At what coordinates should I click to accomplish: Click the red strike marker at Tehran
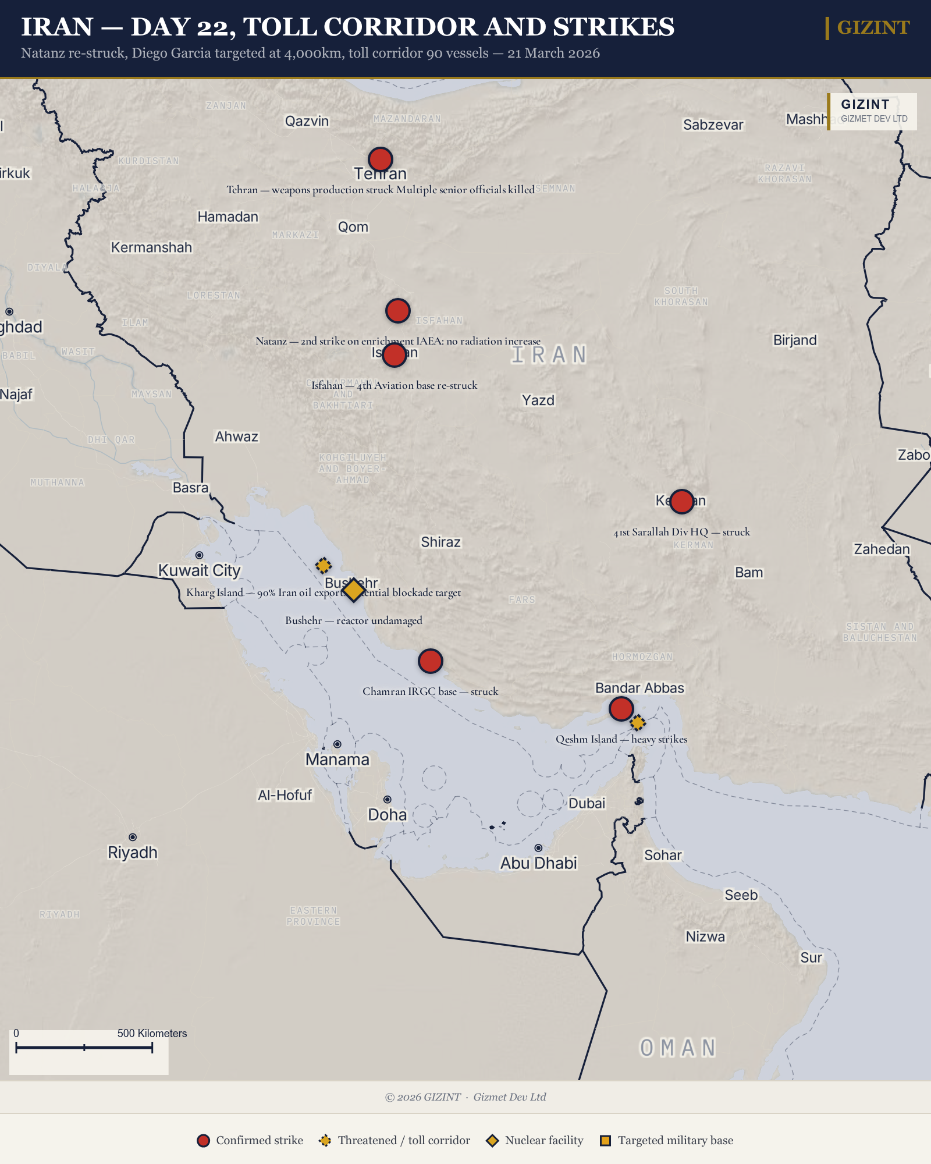pos(381,159)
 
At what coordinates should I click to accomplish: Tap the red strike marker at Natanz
pos(397,311)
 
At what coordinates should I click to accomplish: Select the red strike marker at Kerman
pos(681,501)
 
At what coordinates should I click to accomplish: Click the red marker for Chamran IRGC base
pos(430,661)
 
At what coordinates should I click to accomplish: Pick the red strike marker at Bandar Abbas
pos(621,709)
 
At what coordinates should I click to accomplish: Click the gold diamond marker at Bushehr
pos(353,590)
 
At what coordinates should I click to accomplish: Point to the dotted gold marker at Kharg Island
pos(324,565)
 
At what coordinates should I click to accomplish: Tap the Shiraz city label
pos(440,542)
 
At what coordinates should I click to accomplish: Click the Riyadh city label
pos(133,853)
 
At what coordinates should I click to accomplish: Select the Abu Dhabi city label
pos(538,863)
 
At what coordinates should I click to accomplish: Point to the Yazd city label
pos(538,400)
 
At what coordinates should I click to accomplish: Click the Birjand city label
pos(795,340)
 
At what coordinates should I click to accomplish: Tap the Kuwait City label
pos(199,570)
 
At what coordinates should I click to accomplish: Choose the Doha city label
pos(387,815)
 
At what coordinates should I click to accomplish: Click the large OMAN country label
pos(678,1048)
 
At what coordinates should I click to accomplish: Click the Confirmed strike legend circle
pos(203,1141)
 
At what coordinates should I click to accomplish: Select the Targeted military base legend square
pos(605,1141)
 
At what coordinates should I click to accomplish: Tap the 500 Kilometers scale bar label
pos(152,1033)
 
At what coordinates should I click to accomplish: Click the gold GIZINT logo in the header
pos(873,27)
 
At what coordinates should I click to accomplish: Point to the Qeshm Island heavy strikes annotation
pos(621,739)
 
